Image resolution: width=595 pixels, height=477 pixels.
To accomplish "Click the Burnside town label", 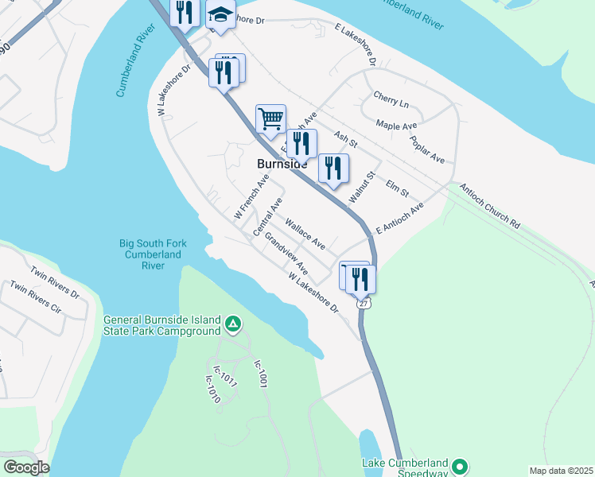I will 282,164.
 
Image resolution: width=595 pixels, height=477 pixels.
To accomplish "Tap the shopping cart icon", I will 270,119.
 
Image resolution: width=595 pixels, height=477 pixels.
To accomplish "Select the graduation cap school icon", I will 220,14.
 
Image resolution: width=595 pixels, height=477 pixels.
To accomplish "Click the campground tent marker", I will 233,324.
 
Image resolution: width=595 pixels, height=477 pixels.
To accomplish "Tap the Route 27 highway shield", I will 364,304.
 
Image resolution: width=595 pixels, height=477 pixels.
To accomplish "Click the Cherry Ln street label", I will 391,103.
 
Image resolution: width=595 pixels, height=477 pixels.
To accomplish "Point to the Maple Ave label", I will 396,126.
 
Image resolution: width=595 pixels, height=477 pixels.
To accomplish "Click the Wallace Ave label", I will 305,233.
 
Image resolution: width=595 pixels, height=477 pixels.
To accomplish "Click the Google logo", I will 26,467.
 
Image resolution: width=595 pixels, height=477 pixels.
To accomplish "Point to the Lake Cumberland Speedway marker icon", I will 459,465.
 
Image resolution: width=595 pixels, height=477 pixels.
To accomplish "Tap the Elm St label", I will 396,188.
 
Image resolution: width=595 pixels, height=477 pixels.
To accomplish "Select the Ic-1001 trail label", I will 259,374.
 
